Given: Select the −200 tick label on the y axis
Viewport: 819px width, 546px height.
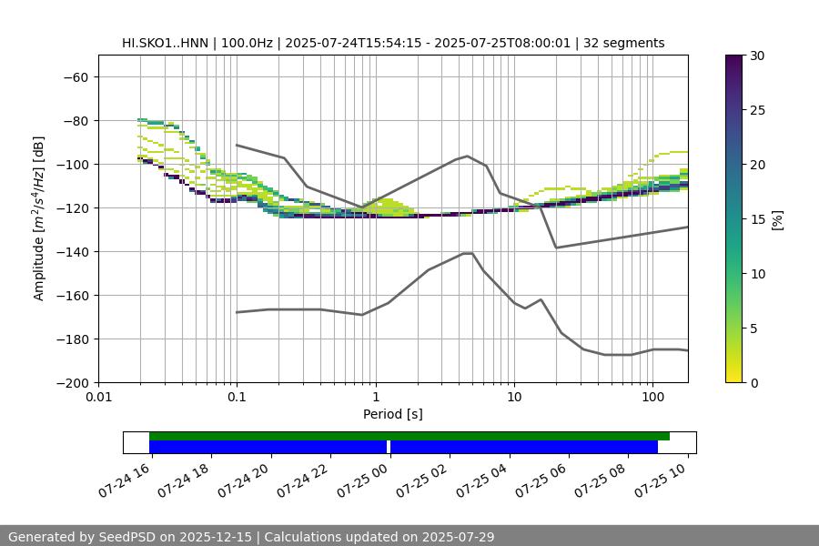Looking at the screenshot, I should coord(74,382).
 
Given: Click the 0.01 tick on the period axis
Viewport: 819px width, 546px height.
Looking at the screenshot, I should coord(98,397).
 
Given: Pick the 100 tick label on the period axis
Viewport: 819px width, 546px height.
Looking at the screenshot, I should coord(652,397).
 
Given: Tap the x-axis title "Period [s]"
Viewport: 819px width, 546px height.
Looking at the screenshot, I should coord(392,414).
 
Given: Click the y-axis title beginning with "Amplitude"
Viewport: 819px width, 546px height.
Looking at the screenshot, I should coord(39,218).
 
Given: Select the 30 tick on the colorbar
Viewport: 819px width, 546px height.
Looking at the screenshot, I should coord(757,56).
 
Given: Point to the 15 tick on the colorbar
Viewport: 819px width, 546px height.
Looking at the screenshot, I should coord(757,218).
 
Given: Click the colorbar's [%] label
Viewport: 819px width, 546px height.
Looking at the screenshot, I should coord(777,218).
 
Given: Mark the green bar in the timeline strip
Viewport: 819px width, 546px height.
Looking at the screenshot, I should coord(409,436).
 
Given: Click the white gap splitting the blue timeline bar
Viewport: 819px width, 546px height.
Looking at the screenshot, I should coord(389,447).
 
